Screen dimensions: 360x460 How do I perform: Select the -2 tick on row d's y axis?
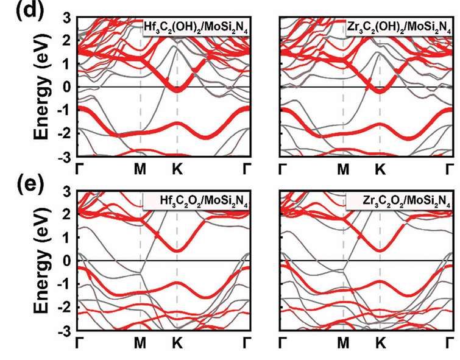click(x=65, y=134)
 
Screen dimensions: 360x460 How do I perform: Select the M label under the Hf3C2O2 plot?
click(x=141, y=343)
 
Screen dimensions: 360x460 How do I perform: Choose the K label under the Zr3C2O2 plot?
click(x=381, y=343)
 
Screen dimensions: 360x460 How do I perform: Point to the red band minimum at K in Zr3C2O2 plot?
click(x=381, y=250)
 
